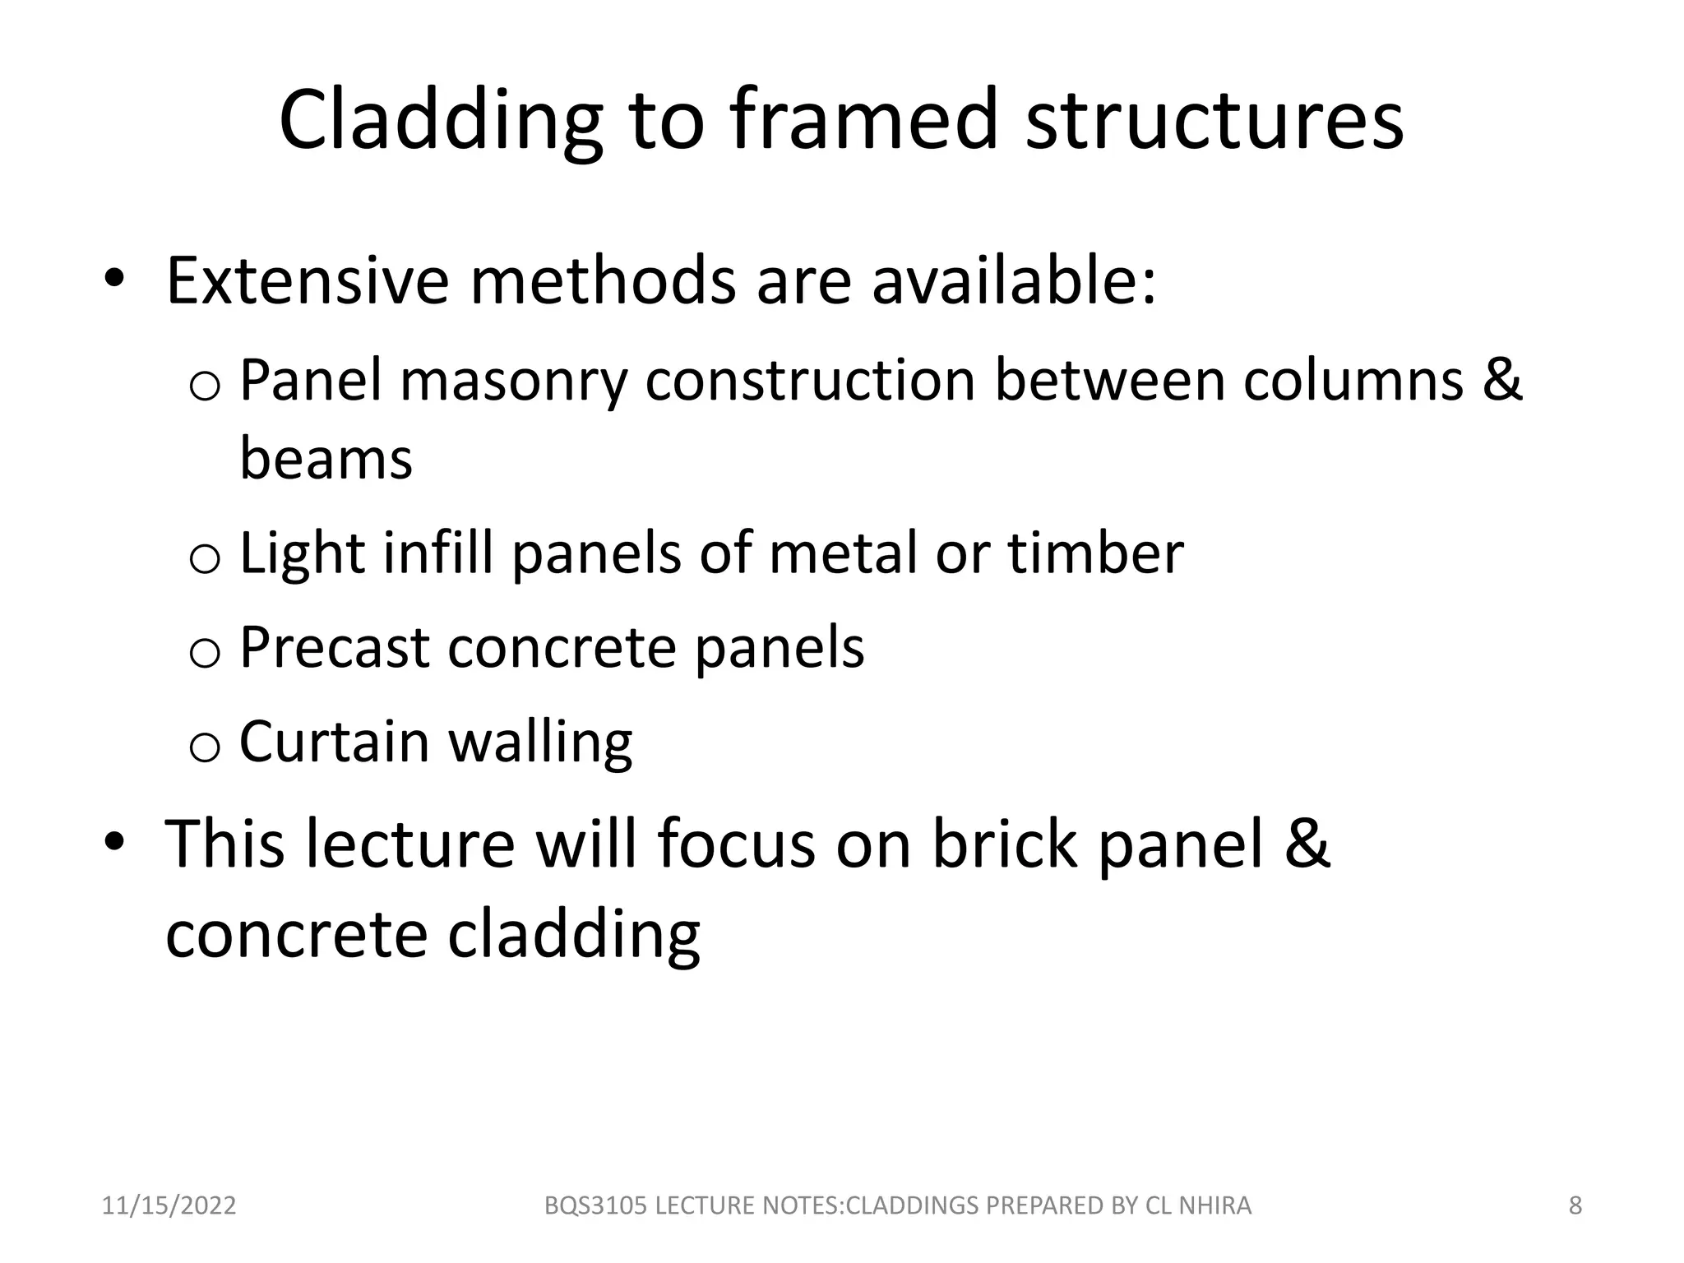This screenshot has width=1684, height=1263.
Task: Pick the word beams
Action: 326,458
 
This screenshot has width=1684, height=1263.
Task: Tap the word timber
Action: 1096,553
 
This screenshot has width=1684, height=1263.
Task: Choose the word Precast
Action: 335,648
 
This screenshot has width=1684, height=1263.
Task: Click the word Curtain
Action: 335,742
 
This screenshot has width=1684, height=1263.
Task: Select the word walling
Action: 540,743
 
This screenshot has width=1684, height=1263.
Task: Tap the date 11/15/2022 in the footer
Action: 169,1205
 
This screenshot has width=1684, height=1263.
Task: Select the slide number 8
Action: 1575,1205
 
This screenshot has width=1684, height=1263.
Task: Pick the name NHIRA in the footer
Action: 1215,1205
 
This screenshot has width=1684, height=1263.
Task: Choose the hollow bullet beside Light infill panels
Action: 204,558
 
